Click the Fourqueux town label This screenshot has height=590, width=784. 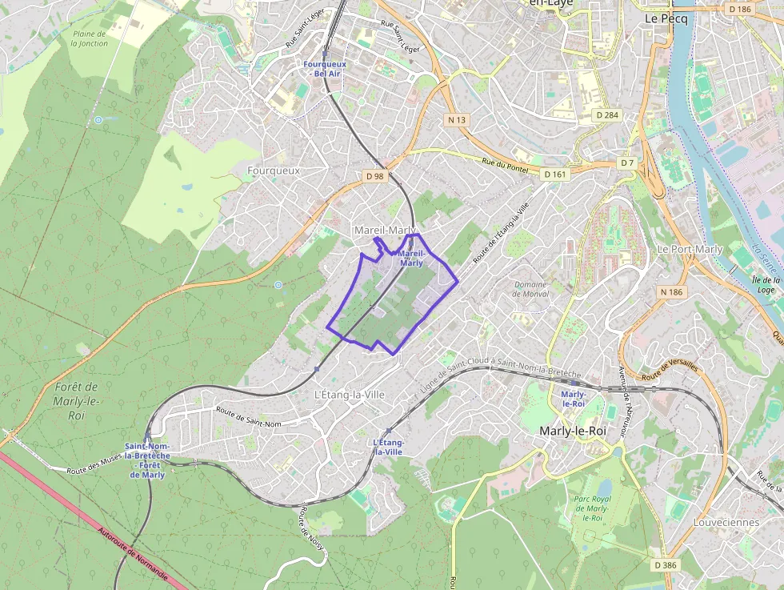click(x=274, y=171)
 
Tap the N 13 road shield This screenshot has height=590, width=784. click(x=457, y=119)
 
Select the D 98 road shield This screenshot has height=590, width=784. click(x=374, y=176)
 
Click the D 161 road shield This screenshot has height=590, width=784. click(x=554, y=174)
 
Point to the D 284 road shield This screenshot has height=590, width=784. click(x=608, y=115)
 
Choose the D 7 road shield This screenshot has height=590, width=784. click(x=627, y=163)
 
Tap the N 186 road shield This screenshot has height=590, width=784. click(x=672, y=292)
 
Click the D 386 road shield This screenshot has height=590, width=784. click(x=664, y=565)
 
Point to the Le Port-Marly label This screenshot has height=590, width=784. click(x=690, y=249)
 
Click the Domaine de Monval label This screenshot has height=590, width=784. click(x=531, y=289)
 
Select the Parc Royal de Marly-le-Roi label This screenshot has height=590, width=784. click(x=592, y=508)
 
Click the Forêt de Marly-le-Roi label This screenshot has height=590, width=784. click(x=77, y=401)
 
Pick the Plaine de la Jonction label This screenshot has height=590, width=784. click(x=89, y=38)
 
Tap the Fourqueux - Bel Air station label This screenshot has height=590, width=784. click(x=326, y=68)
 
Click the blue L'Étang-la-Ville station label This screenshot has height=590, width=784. click(x=389, y=447)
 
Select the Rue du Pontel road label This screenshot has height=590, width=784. click(x=505, y=166)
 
